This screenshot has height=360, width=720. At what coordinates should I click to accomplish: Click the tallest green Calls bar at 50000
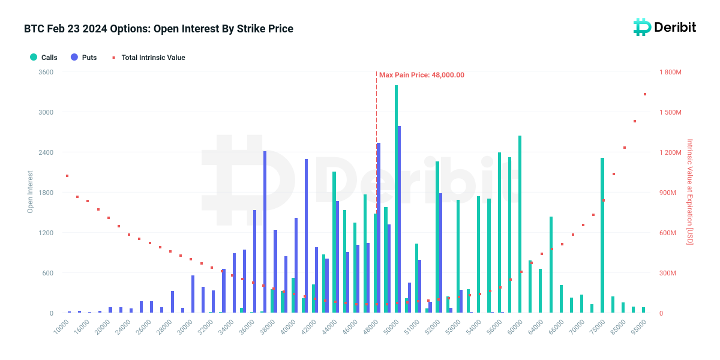(x=397, y=199)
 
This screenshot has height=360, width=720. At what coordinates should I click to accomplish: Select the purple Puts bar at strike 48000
(x=379, y=228)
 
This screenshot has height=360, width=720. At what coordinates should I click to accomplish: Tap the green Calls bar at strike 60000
(x=520, y=224)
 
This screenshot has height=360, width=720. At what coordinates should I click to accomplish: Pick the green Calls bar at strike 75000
(x=602, y=235)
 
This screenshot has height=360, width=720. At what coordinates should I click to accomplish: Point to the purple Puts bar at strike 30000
(x=193, y=294)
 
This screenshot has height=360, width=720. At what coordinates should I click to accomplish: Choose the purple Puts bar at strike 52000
(x=440, y=253)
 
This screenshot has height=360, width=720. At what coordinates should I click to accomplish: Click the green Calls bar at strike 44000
(x=334, y=242)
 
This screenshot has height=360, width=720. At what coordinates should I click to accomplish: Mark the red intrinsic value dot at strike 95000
(x=645, y=94)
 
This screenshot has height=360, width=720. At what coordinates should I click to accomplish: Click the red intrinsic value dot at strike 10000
(x=67, y=176)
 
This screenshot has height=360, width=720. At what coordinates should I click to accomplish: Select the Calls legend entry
(x=44, y=58)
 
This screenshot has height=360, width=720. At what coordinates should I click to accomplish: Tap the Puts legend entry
(x=84, y=58)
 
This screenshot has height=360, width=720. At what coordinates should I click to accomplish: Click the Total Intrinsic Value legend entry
(x=149, y=58)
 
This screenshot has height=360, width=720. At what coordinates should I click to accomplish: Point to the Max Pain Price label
(x=422, y=75)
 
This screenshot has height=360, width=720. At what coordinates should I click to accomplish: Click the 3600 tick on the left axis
(x=46, y=72)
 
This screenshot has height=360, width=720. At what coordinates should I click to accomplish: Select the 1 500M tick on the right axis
(x=670, y=112)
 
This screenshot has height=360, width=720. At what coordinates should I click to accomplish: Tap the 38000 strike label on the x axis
(x=268, y=327)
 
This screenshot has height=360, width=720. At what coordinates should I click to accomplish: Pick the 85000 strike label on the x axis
(x=618, y=327)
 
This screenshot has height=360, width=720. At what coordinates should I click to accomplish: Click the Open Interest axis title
(x=30, y=192)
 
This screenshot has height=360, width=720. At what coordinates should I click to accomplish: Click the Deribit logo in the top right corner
(x=665, y=28)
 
